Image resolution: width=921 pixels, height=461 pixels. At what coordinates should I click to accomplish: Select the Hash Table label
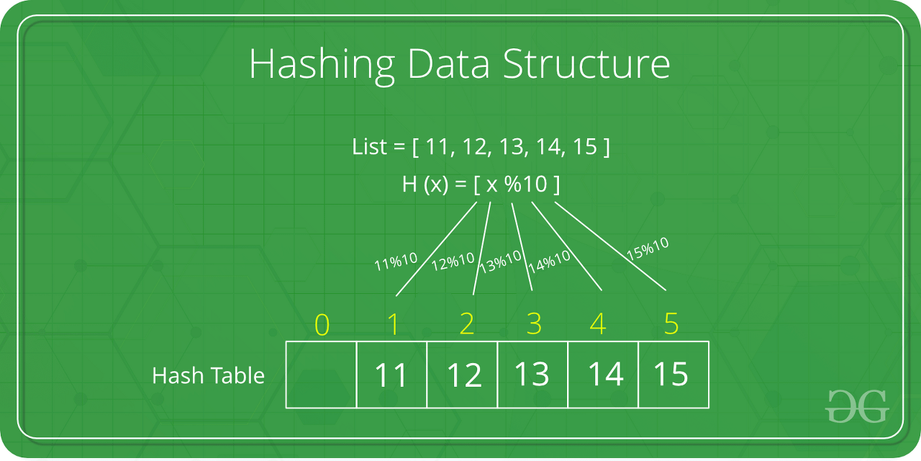pyautogui.click(x=208, y=375)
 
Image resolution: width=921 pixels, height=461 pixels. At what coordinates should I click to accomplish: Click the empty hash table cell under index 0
pyautogui.click(x=322, y=375)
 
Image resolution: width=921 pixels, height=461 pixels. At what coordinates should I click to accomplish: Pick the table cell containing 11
pyautogui.click(x=391, y=375)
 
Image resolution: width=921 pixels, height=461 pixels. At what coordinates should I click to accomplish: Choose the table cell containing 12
pyautogui.click(x=463, y=375)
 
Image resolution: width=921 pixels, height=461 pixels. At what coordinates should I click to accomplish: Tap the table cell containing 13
pyautogui.click(x=532, y=375)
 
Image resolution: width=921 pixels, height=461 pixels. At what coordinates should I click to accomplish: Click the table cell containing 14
pyautogui.click(x=604, y=375)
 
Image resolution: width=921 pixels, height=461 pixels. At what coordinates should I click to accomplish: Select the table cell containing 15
pyautogui.click(x=671, y=375)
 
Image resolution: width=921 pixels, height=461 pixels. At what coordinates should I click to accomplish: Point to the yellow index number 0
pyautogui.click(x=322, y=326)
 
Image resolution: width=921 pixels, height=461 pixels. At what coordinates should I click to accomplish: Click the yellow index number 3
pyautogui.click(x=534, y=326)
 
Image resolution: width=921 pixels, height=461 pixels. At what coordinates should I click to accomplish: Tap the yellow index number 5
pyautogui.click(x=671, y=326)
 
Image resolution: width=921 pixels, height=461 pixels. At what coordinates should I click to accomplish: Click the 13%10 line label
pyautogui.click(x=501, y=261)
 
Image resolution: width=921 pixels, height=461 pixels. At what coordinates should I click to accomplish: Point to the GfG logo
pyautogui.click(x=858, y=406)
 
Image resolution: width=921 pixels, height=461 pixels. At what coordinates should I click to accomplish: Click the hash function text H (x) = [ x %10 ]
pyautogui.click(x=481, y=184)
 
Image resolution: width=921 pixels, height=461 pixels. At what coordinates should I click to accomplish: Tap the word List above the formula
pyautogui.click(x=369, y=148)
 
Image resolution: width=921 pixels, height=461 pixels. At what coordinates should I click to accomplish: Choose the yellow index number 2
pyautogui.click(x=466, y=326)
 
